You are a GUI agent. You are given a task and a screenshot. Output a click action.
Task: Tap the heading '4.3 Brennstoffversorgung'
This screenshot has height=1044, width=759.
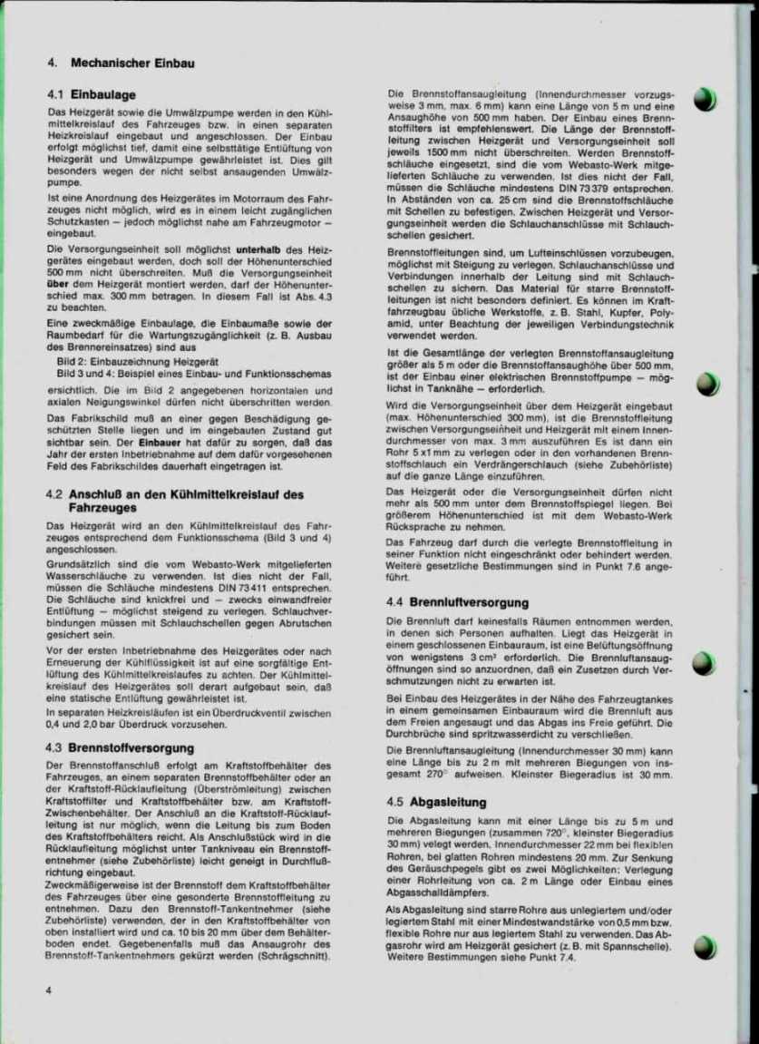point(120,748)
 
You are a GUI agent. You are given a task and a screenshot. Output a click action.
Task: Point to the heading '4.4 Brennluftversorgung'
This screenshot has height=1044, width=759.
point(457,601)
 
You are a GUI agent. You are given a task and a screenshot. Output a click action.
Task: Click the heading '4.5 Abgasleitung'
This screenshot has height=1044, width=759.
point(436,802)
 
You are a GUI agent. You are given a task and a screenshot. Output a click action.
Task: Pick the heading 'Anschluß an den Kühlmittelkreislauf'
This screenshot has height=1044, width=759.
point(187,495)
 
